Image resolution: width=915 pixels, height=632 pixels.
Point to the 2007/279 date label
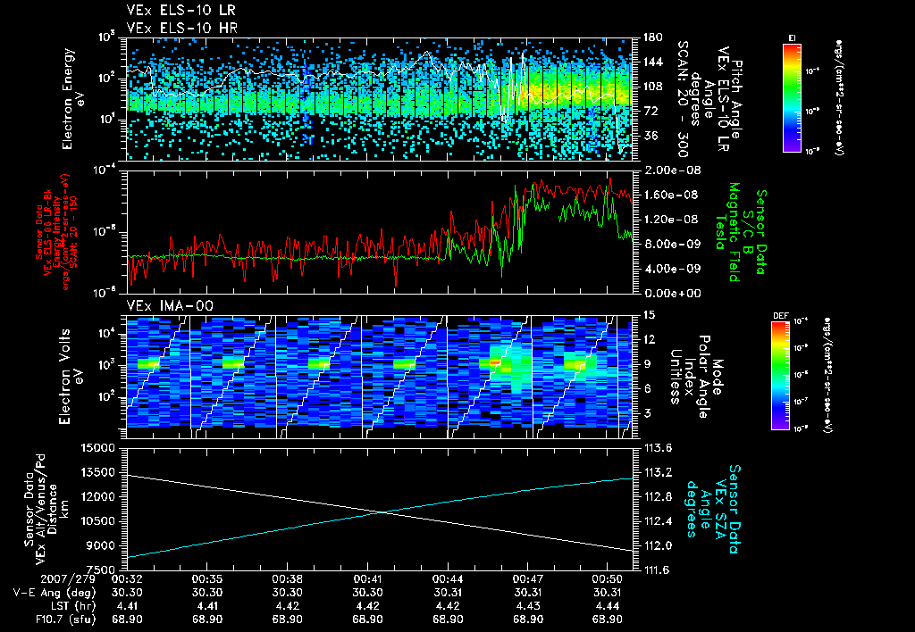(33, 578)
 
